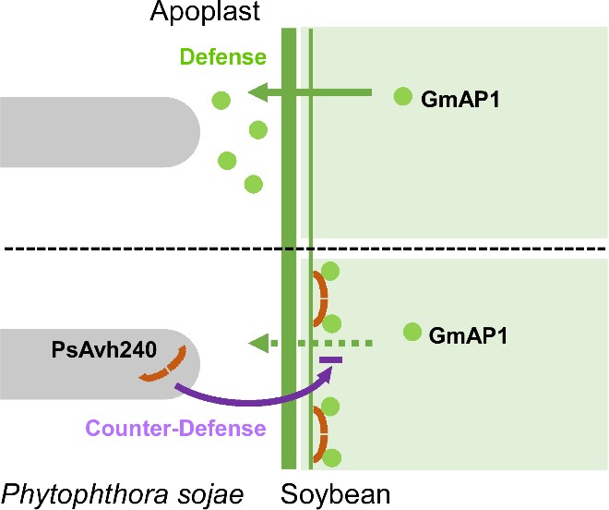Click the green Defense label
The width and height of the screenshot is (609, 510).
point(222,57)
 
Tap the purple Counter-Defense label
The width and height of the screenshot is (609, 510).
point(175,428)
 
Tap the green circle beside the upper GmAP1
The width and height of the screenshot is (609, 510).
point(402,95)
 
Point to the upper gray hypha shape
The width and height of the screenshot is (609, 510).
point(92,132)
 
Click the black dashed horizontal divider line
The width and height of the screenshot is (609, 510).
point(304,249)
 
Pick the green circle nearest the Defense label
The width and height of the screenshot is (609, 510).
point(220,98)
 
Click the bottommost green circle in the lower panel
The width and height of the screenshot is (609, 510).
point(333,456)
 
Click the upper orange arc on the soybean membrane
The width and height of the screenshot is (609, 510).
point(318,298)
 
